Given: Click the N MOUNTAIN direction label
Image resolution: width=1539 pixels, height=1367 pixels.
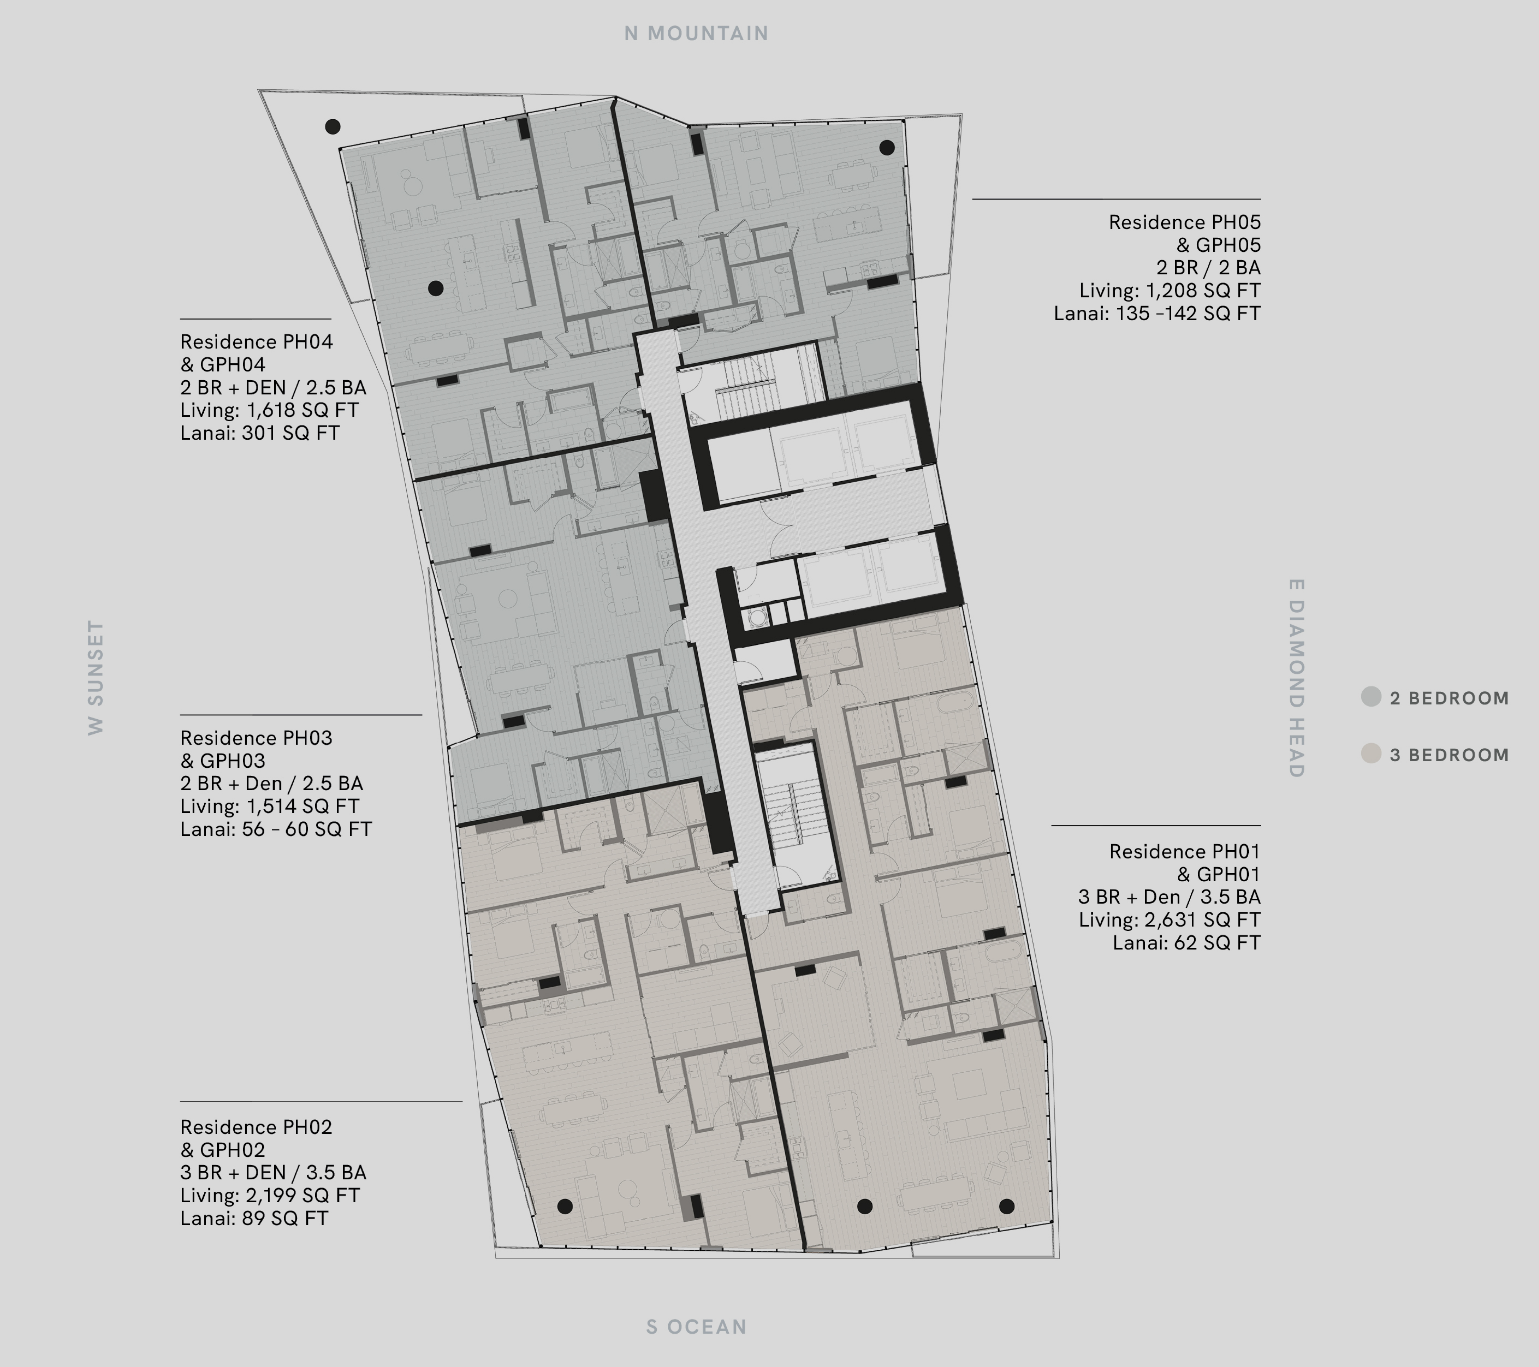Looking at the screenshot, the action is (696, 33).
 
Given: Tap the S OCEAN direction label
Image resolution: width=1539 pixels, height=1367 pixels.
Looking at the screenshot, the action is (696, 1326).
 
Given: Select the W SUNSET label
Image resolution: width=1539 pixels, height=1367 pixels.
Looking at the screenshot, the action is (96, 677).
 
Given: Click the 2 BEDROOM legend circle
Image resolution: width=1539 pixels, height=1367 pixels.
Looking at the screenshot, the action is (1371, 696).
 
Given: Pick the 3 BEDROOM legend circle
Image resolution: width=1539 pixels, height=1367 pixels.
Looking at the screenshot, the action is (1371, 753).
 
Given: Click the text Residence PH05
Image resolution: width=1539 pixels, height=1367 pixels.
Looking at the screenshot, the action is (1185, 222).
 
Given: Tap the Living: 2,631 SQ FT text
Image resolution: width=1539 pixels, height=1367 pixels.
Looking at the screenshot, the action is (1169, 919).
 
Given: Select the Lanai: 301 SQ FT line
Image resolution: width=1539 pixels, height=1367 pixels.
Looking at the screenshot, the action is (260, 433).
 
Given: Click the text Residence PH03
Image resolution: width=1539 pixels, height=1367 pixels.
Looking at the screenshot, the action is (256, 738).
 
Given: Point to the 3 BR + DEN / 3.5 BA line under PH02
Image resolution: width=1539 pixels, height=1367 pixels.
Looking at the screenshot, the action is (273, 1172).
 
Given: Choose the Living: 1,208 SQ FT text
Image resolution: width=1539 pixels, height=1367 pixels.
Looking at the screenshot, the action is (1169, 290).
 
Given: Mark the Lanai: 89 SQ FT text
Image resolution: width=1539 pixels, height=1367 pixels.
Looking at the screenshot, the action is (254, 1218).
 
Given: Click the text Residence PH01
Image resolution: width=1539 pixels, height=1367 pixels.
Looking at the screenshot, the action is (1185, 851).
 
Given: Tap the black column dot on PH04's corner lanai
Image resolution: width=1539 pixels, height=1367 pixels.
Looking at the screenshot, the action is (332, 127).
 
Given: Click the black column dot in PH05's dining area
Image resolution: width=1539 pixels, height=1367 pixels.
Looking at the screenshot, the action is (887, 148).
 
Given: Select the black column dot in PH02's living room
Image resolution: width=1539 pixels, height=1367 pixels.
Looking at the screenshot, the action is (565, 1207).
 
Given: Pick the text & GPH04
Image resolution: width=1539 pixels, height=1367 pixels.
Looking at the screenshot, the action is (223, 364).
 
